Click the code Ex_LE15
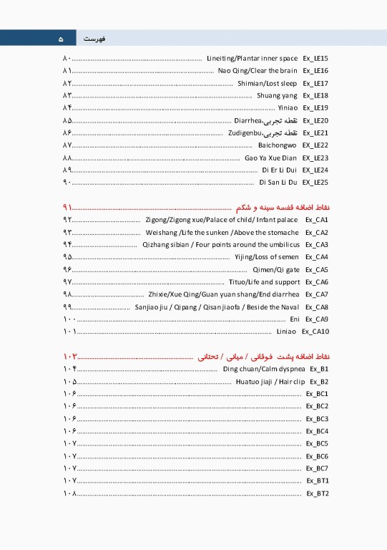pos(315,58)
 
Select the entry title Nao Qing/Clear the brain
pos(258,71)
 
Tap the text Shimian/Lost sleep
pos(268,83)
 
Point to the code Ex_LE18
pos(315,95)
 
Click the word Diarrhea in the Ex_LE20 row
pos(248,120)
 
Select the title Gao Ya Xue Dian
pos(270,158)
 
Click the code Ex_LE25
pos(315,183)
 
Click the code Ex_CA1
pos(316,219)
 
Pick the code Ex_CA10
pos(315,332)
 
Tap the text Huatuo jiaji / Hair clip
pos(269,381)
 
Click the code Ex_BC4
pos(317,431)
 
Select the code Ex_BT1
pos(318,481)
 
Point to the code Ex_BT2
pos(318,493)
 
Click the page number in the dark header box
pos(60,38)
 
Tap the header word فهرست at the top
pos(96,38)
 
